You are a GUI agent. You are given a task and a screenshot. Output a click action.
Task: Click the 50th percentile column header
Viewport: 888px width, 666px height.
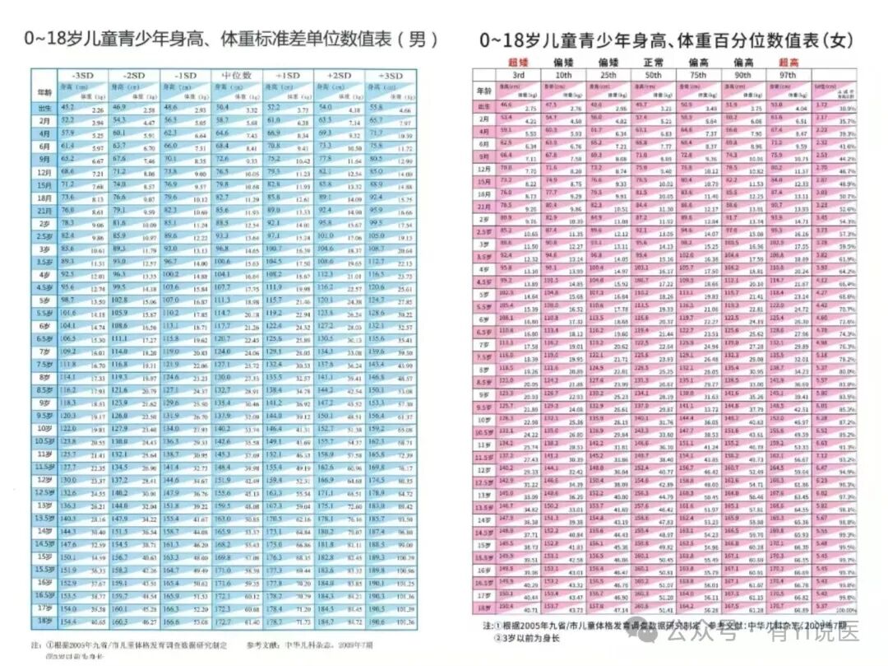click(652, 75)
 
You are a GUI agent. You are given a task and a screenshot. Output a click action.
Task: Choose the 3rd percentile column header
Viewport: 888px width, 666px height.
click(517, 75)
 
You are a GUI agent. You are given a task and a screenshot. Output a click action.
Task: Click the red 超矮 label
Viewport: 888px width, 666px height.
click(517, 63)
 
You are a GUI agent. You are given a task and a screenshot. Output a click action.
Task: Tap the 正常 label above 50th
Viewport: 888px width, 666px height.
click(652, 63)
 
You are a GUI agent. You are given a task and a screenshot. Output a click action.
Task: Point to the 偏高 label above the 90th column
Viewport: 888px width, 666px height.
click(742, 63)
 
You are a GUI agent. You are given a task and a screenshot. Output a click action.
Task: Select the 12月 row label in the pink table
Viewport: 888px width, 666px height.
click(484, 168)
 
